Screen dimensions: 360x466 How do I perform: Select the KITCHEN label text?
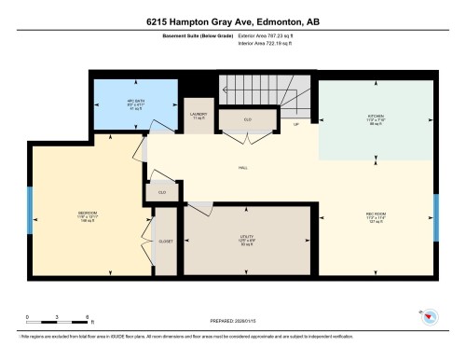pos(376,117)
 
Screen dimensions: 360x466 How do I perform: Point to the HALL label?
pos(241,168)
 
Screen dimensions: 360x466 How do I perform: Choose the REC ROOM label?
pos(376,213)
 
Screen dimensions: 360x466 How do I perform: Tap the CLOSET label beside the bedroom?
pos(165,241)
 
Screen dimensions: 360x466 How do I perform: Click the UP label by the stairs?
pos(296,124)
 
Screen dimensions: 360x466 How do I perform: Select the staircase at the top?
pos(266,93)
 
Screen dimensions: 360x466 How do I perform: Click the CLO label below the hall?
pos(162,193)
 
